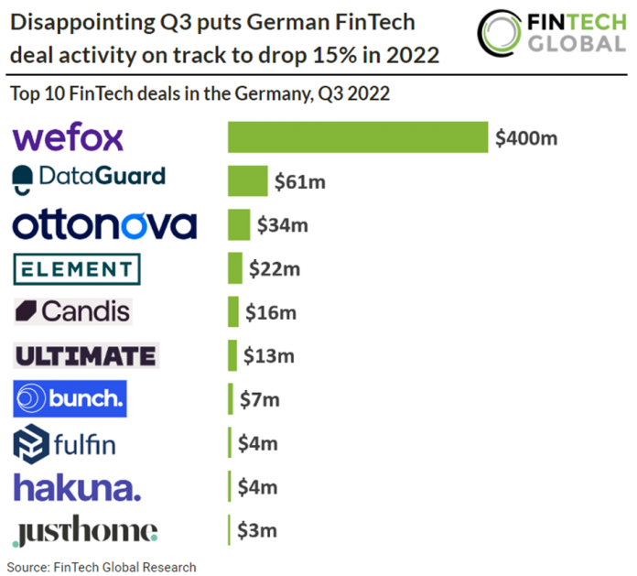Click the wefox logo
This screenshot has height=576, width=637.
[x=68, y=137]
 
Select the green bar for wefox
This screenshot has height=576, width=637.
[x=357, y=137]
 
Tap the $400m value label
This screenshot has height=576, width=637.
[x=525, y=138]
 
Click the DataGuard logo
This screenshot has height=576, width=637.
[x=90, y=178]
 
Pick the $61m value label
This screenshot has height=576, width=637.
[x=300, y=182]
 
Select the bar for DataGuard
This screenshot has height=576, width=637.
[x=248, y=181]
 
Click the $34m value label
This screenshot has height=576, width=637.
[x=283, y=225]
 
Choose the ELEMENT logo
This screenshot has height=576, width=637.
[x=78, y=269]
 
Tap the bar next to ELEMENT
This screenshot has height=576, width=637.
[x=235, y=269]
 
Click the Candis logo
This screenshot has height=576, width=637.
[x=73, y=311]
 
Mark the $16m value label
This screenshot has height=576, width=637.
[x=271, y=312]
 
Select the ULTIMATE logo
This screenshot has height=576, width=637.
[x=86, y=355]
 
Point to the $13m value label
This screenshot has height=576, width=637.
[x=269, y=355]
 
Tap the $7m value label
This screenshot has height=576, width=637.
[x=259, y=399]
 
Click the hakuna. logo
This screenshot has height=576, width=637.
[x=78, y=486]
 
